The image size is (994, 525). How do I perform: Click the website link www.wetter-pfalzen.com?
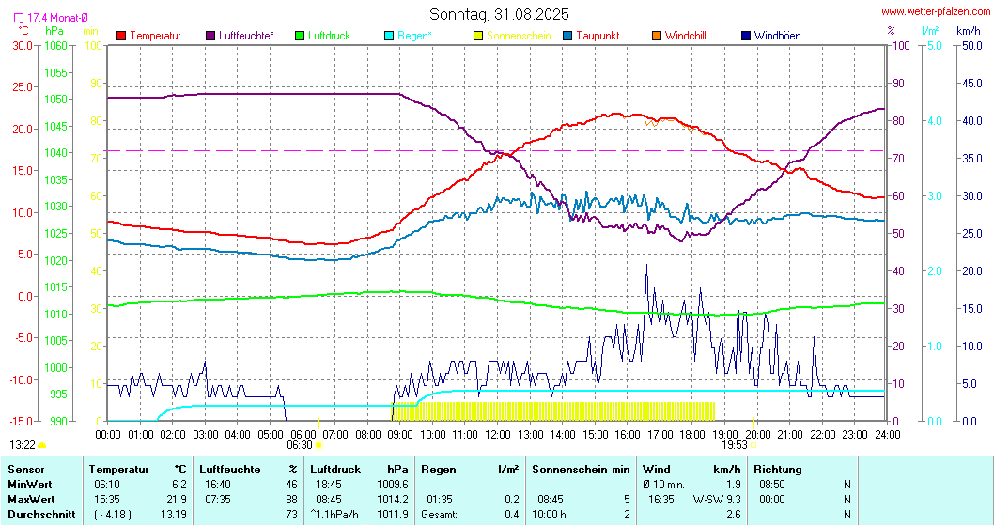(x=935, y=12)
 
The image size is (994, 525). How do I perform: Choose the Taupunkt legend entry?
(x=596, y=36)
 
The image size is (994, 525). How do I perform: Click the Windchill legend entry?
(x=685, y=36)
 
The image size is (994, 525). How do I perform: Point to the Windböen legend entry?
(x=777, y=36)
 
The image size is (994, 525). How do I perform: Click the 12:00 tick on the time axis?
(x=498, y=435)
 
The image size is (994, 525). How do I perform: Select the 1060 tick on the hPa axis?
(x=55, y=45)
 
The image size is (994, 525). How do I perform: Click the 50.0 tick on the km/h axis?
(x=969, y=45)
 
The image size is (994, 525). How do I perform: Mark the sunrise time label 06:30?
(x=300, y=445)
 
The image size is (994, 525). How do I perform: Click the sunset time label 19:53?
(x=735, y=445)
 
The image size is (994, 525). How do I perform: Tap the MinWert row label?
(x=29, y=484)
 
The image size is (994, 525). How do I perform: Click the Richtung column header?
(x=778, y=469)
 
